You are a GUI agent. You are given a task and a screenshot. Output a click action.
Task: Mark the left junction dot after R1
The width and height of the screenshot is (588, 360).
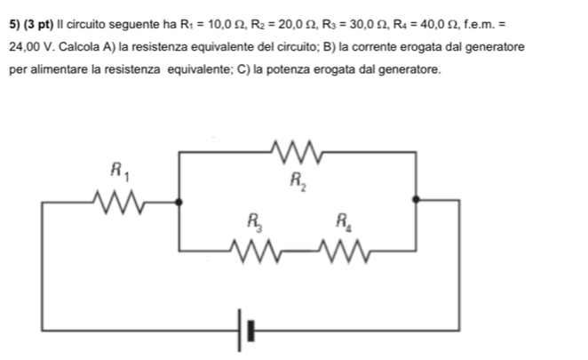[x=179, y=203]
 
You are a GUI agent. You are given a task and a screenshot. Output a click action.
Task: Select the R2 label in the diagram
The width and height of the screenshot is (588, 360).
[x=297, y=182]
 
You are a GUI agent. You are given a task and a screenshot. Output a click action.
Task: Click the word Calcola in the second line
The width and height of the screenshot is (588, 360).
[x=81, y=44]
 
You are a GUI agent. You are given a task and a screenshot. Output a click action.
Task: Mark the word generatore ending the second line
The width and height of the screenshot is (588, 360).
[x=493, y=44]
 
